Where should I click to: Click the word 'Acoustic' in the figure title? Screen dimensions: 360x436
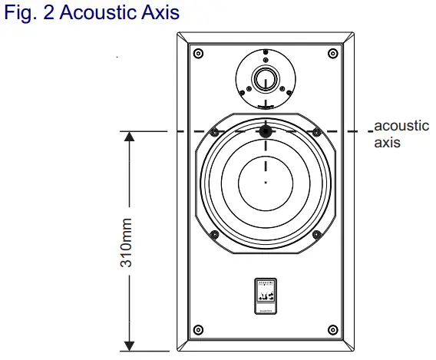click(97, 12)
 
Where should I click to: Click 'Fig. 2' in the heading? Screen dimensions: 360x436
click(29, 12)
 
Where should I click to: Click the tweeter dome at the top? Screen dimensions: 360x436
click(265, 78)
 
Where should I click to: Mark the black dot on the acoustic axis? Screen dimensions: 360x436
click(265, 132)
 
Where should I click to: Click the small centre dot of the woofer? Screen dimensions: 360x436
click(265, 183)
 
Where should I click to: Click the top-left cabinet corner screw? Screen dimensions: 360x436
click(199, 53)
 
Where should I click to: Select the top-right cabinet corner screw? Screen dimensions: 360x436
click(332, 53)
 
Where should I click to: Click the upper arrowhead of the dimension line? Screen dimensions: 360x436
click(129, 137)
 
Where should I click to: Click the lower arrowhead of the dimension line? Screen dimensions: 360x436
click(129, 345)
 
